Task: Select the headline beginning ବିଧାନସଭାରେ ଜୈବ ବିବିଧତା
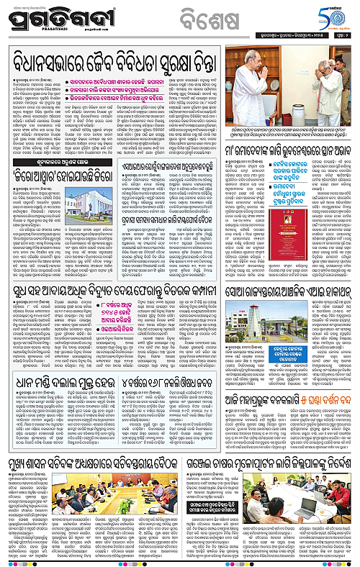pyautogui.click(x=108, y=55)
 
